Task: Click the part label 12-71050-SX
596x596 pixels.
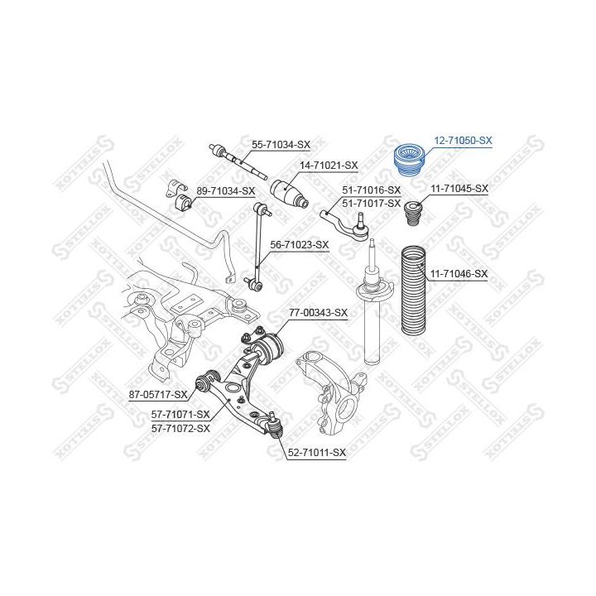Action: click(463, 141)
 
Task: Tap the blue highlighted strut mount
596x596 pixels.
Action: click(410, 161)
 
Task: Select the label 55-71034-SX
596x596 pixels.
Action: click(281, 145)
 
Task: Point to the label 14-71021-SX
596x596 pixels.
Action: click(329, 166)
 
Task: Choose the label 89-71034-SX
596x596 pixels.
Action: click(225, 191)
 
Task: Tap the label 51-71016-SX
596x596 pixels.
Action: click(372, 190)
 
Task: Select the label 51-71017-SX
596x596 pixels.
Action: click(372, 204)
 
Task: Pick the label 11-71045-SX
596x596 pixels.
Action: click(459, 189)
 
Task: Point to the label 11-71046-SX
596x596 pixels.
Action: click(459, 274)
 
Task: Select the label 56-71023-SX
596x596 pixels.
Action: click(299, 245)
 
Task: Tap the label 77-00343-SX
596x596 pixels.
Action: click(318, 313)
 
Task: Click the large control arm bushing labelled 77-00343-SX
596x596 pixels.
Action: click(268, 347)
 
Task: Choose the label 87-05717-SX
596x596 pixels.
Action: click(158, 395)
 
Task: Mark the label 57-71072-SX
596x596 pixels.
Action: click(180, 429)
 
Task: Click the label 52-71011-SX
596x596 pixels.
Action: click(317, 453)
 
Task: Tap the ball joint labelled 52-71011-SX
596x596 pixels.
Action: click(275, 425)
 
